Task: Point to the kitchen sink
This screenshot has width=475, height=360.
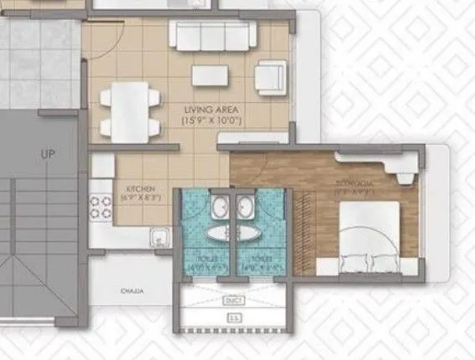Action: coord(159,239)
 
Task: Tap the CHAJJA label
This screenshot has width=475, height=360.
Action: coord(131,291)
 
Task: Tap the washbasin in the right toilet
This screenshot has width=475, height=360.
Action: coord(245,207)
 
